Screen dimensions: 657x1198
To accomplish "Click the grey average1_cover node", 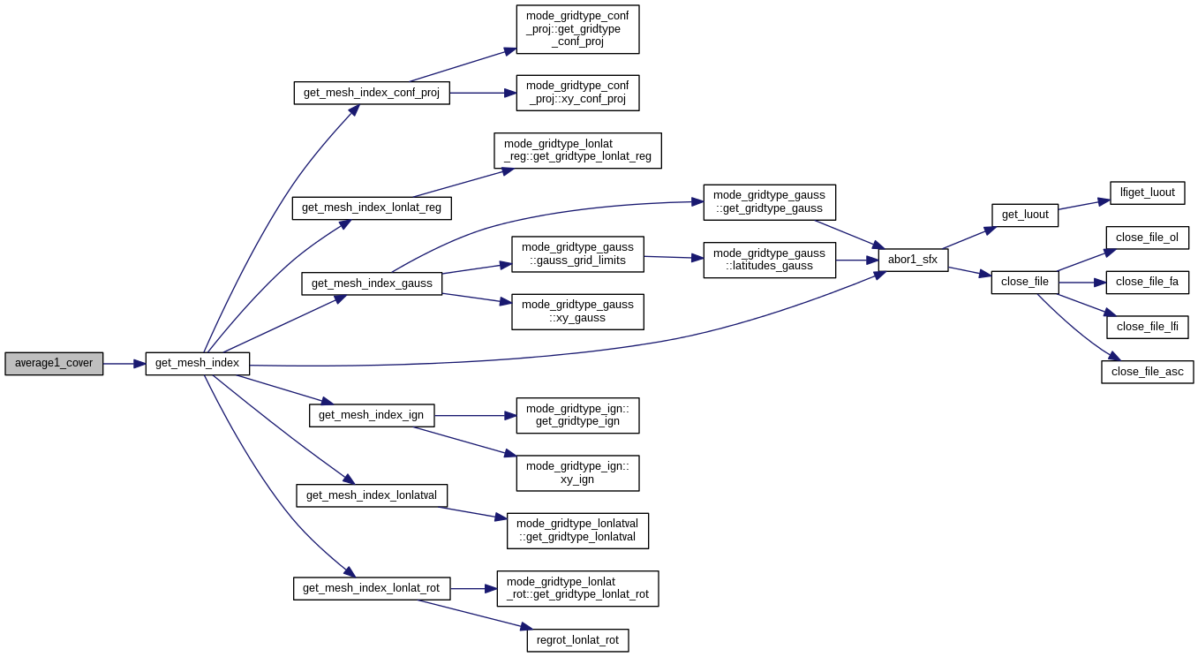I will click(54, 364).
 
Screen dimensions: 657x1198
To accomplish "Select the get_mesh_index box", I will click(197, 364).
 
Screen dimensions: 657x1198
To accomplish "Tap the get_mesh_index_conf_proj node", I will click(372, 94).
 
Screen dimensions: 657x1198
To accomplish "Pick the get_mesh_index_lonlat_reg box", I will click(372, 208).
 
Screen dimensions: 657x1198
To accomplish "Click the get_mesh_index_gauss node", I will click(372, 284).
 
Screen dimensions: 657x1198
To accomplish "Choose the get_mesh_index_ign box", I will click(371, 416).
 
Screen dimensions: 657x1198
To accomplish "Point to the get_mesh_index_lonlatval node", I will click(372, 496).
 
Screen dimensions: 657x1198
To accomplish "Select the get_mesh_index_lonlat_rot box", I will click(372, 589).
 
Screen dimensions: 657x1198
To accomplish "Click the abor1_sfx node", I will click(913, 261).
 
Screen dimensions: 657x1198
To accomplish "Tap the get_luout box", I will click(1024, 215).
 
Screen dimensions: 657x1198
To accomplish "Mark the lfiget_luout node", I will click(1147, 193).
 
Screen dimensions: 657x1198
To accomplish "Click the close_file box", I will click(1024, 283).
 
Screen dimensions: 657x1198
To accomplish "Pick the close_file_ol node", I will click(1147, 238).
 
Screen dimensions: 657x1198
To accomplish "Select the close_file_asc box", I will click(1147, 373).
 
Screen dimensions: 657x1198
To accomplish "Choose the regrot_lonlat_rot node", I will click(577, 640).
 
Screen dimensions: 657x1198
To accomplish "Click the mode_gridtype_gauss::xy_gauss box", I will click(577, 312).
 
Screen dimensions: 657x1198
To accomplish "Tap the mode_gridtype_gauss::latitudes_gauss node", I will click(769, 261).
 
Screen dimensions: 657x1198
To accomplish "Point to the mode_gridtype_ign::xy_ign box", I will click(577, 473).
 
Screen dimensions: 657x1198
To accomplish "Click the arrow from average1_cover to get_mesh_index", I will click(124, 364).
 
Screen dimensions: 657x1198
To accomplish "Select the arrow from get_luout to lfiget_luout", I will click(1084, 205).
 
